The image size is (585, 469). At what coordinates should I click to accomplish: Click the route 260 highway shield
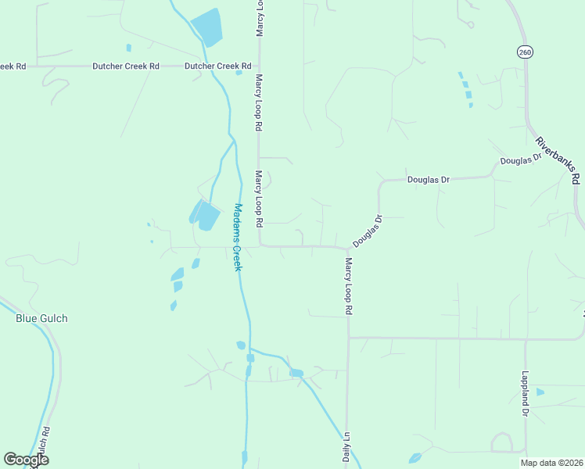click(524, 52)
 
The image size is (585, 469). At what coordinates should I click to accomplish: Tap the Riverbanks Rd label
click(558, 160)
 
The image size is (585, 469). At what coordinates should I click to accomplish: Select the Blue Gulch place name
click(42, 318)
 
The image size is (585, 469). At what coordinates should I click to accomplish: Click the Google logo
click(26, 460)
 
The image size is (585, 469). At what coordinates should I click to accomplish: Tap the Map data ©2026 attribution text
click(552, 463)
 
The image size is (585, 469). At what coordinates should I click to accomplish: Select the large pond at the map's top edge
click(208, 27)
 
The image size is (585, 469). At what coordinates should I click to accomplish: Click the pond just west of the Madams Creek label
click(205, 215)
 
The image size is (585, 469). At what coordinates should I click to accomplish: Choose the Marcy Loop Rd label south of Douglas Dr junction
click(348, 286)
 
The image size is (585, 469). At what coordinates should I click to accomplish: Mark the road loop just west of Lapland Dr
click(501, 442)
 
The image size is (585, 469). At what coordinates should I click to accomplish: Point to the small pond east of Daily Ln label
click(415, 458)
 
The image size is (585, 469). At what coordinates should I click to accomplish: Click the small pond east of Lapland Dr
click(540, 391)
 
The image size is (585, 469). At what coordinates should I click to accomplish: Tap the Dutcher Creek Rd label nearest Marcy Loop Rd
click(218, 66)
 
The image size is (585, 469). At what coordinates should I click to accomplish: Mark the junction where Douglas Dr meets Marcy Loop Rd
click(347, 249)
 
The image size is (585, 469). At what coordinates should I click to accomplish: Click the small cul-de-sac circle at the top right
click(470, 24)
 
